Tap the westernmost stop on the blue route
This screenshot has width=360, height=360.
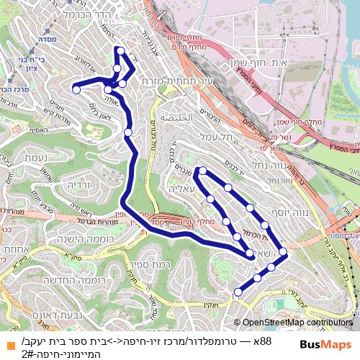[x=76, y=89]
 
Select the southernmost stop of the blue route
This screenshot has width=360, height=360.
[x=238, y=292]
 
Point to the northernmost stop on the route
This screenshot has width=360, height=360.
[x=120, y=50]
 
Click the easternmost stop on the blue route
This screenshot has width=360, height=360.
[x=284, y=252]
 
